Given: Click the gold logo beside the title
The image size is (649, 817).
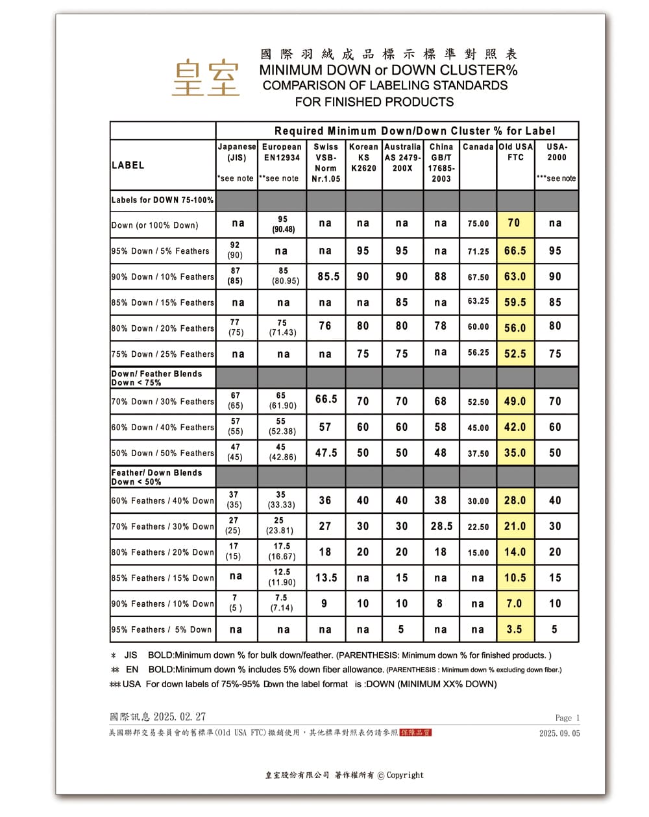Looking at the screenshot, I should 206,78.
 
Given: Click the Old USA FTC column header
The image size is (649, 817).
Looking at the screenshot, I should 515,152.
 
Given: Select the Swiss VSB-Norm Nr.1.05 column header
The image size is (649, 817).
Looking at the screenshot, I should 326,163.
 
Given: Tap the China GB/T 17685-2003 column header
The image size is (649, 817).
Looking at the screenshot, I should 441,163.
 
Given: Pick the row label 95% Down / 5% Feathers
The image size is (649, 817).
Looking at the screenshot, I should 160,251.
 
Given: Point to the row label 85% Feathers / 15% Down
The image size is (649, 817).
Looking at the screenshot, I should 162,578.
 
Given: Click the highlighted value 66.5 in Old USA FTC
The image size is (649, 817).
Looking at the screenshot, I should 515,251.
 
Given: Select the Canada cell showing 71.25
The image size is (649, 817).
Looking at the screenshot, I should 478,251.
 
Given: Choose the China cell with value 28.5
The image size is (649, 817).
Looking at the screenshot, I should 441,526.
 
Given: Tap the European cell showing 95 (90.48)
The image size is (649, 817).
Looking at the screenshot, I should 282,225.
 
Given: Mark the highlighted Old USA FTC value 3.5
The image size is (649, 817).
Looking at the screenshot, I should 515,629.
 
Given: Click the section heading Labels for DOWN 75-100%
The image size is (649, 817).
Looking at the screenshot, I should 162,200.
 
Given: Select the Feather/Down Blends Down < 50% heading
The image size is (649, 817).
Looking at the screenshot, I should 156,477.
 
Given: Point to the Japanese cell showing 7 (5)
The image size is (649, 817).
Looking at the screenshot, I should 235,603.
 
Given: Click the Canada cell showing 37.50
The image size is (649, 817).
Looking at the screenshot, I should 478,454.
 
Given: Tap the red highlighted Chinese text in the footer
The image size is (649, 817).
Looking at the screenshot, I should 415,733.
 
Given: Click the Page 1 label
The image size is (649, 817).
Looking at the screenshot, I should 567,718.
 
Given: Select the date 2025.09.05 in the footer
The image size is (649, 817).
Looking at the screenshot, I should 559,733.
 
